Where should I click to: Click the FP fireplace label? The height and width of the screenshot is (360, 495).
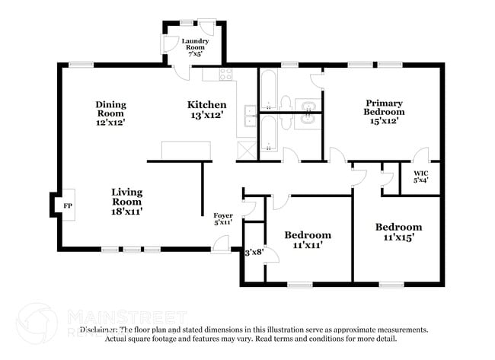pyautogui.click(x=67, y=205)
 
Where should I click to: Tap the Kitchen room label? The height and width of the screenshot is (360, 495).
pyautogui.click(x=206, y=111)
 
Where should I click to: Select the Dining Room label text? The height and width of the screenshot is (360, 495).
pyautogui.click(x=110, y=111)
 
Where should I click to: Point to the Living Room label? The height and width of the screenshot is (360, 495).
pyautogui.click(x=126, y=202)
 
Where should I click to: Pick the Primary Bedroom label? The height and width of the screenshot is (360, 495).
pyautogui.click(x=383, y=111)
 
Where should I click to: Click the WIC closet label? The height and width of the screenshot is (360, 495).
pyautogui.click(x=421, y=177)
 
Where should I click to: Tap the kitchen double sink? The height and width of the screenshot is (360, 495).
pyautogui.click(x=250, y=116)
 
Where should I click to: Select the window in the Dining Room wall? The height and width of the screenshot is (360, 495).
pyautogui.click(x=81, y=65)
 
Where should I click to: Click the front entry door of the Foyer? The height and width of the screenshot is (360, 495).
pyautogui.click(x=220, y=244)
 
